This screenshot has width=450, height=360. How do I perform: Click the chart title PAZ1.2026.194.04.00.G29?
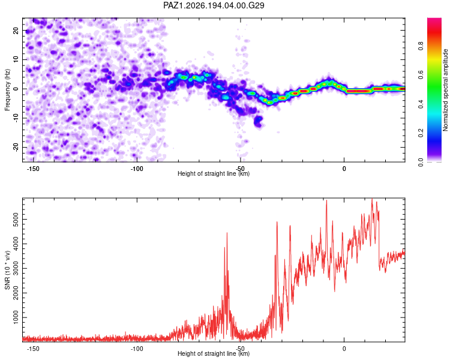pyautogui.click(x=214, y=5)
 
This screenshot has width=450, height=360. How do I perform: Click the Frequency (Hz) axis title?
pyautogui.click(x=7, y=90)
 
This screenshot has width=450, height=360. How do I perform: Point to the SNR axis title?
pyautogui.click(x=7, y=270)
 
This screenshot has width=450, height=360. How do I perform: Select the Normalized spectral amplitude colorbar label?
pyautogui.click(x=445, y=90)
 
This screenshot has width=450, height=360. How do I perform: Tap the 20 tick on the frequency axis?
pyautogui.click(x=16, y=30)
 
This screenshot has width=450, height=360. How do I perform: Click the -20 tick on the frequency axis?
pyautogui.click(x=16, y=148)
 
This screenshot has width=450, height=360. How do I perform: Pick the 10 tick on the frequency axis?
pyautogui.click(x=16, y=59)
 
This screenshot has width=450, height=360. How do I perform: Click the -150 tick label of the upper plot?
pyautogui.click(x=33, y=169)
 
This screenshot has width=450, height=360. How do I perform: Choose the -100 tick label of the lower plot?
pyautogui.click(x=137, y=349)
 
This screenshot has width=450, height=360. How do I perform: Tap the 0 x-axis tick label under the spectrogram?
pyautogui.click(x=344, y=169)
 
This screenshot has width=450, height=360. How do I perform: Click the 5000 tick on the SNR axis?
pyautogui.click(x=16, y=220)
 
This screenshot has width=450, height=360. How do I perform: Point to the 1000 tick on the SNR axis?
pyautogui.click(x=16, y=317)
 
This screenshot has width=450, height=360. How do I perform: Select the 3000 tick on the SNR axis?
pyautogui.click(x=16, y=268)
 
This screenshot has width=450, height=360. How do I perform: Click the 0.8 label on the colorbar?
pyautogui.click(x=421, y=46)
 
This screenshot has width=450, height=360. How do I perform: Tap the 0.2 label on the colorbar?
pyautogui.click(x=421, y=133)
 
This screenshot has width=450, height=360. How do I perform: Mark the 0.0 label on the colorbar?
pyautogui.click(x=421, y=162)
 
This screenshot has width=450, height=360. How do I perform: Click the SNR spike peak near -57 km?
pyautogui.click(x=227, y=233)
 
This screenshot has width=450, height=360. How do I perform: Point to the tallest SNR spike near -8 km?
pyautogui.click(x=326, y=200)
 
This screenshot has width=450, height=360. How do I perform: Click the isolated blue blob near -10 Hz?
pyautogui.click(x=258, y=121)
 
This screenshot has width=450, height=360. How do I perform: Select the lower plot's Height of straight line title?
pyautogui.click(x=214, y=353)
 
